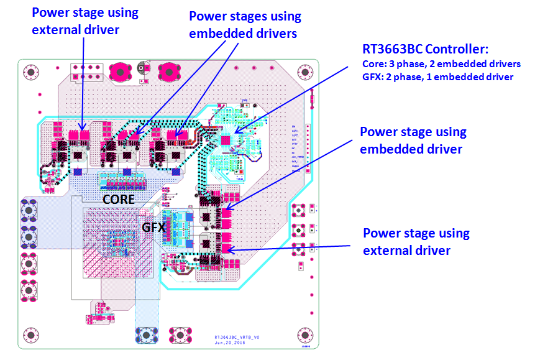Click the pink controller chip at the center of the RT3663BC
pyautogui.click(x=225, y=140)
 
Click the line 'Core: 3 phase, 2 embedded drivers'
pyautogui.click(x=441, y=64)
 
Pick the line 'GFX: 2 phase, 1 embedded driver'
pyautogui.click(x=437, y=77)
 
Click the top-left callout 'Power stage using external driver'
pyautogui.click(x=85, y=21)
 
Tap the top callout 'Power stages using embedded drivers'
pyautogui.click(x=244, y=25)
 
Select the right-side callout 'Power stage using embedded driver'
pyautogui.click(x=413, y=140)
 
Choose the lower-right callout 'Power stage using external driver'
pyautogui.click(x=416, y=242)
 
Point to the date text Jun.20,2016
pyautogui.click(x=231, y=342)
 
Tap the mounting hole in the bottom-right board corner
pyautogui.click(x=306, y=334)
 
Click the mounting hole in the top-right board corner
pyautogui.click(x=305, y=73)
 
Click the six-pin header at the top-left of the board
pyautogui.click(x=80, y=71)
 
